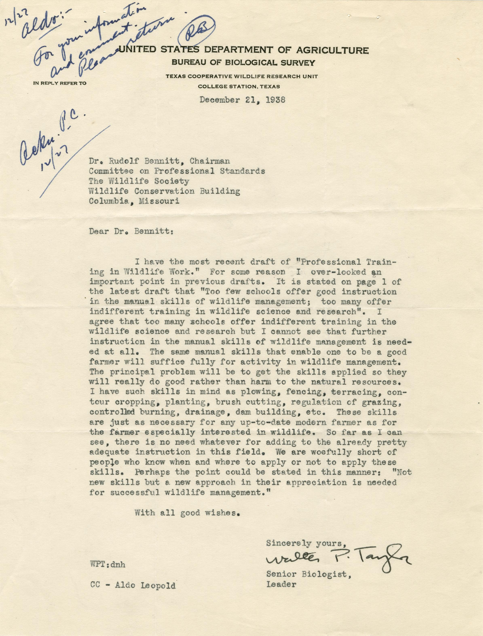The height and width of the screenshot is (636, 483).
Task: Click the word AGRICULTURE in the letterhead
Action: (x=332, y=51)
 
